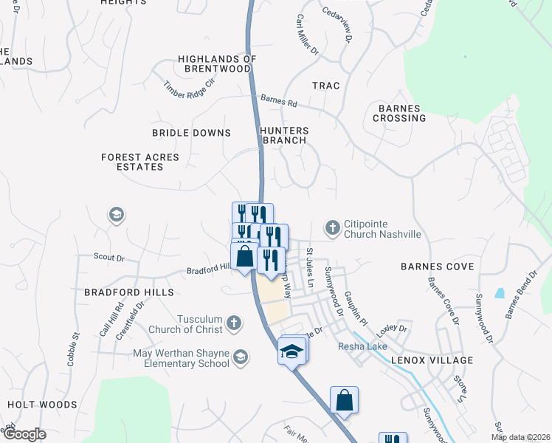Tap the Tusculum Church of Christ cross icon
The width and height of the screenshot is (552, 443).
click(234, 323)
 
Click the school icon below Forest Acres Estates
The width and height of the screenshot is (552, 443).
click(116, 215)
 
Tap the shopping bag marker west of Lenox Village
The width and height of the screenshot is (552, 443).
click(344, 400)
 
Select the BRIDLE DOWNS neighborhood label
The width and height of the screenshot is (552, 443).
click(191, 133)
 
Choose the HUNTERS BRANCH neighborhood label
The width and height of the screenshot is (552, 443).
click(284, 135)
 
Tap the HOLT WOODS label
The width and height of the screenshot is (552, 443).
click(42, 405)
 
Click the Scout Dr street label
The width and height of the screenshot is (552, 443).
click(109, 258)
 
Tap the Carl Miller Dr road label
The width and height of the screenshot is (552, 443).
click(307, 35)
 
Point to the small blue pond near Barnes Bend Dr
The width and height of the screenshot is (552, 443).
click(500, 293)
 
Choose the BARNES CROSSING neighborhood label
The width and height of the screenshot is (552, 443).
click(401, 113)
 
